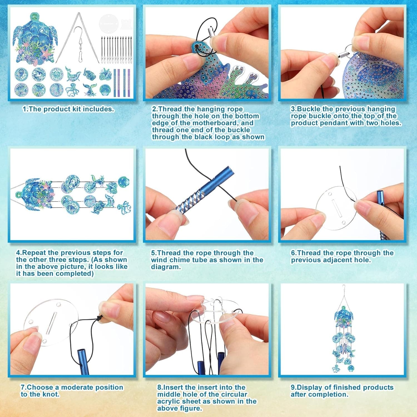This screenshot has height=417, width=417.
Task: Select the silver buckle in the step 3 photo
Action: point(344,53)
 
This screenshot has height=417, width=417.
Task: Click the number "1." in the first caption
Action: point(25,109)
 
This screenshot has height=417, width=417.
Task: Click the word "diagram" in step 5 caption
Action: point(165,267)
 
